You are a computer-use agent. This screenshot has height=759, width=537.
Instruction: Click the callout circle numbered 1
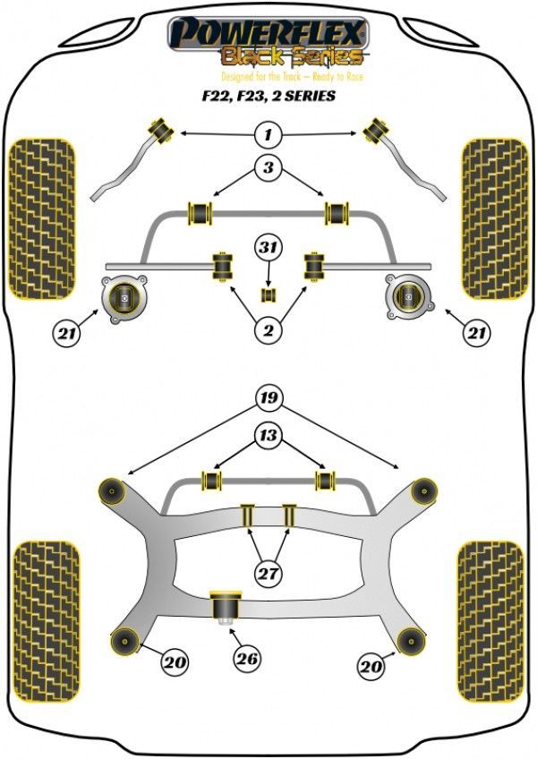[x=268, y=134]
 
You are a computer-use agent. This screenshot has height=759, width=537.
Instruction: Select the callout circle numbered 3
[x=268, y=167]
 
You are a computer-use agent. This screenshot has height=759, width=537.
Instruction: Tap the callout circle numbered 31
[x=268, y=247]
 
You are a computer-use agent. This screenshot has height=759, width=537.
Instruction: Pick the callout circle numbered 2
[x=268, y=330]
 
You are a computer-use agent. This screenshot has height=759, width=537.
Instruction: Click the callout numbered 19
[x=268, y=398]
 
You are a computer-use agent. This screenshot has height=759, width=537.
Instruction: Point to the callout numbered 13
[x=268, y=435]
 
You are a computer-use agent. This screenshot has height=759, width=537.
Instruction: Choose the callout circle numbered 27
[x=268, y=574]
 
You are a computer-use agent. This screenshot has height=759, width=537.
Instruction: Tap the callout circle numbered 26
[x=247, y=659]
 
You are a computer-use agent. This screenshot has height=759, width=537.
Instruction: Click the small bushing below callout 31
[x=268, y=294]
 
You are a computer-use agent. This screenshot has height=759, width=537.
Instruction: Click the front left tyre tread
[x=43, y=219]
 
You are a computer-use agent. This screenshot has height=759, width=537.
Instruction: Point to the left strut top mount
[x=124, y=299]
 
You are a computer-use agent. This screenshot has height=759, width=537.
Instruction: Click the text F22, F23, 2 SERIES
[x=268, y=96]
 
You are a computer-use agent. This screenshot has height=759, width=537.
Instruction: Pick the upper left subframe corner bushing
[x=113, y=491]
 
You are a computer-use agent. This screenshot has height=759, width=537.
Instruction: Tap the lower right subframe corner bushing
[x=411, y=642]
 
